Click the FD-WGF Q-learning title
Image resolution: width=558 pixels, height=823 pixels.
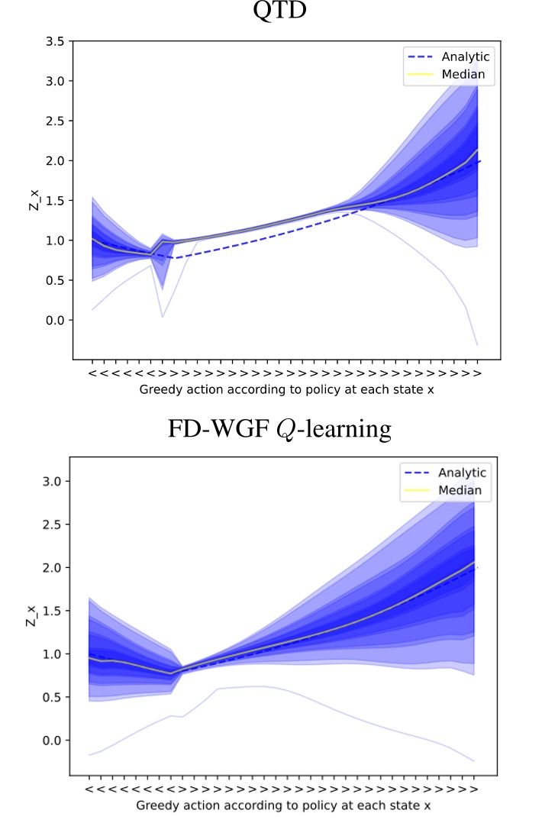point(279,429)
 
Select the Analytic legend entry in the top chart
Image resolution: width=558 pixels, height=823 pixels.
point(465,56)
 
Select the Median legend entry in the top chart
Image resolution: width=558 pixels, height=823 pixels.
point(463,74)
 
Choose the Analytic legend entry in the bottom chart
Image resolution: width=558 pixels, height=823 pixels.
point(462,473)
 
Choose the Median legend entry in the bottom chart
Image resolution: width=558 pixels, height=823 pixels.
point(460,490)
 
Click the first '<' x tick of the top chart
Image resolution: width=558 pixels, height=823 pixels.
point(92,373)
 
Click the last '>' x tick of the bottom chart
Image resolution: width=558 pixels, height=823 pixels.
point(475,789)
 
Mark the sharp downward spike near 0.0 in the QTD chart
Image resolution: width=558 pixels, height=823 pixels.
point(163,315)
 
